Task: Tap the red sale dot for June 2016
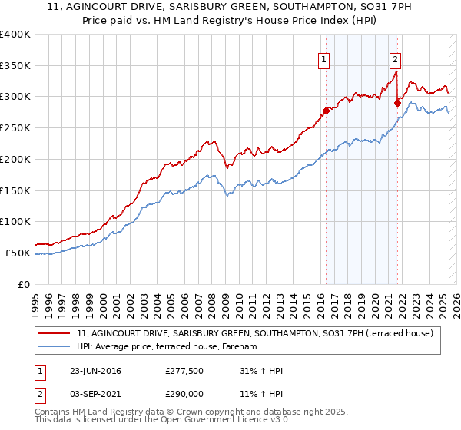[326, 111]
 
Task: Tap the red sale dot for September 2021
[397, 103]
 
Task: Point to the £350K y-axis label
[15, 66]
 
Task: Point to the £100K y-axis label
[15, 221]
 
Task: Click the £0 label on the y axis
[23, 283]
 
